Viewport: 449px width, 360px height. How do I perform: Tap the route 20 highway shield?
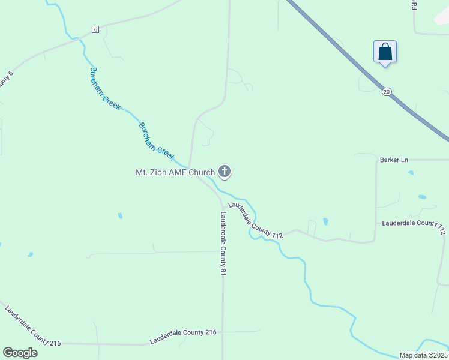tap(386, 91)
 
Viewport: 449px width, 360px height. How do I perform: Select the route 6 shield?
tap(95, 29)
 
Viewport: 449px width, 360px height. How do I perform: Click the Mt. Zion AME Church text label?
tap(175, 173)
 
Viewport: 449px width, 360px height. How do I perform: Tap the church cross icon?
tap(224, 172)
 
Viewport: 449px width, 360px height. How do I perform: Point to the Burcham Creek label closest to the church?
tap(157, 142)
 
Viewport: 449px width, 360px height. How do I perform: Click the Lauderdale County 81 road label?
tap(223, 244)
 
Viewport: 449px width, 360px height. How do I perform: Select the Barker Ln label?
tap(394, 160)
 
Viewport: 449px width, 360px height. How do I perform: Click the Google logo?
tap(20, 352)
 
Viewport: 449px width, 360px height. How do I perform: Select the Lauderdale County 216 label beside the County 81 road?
tap(183, 335)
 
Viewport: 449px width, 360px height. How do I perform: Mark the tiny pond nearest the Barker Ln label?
tap(411, 173)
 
